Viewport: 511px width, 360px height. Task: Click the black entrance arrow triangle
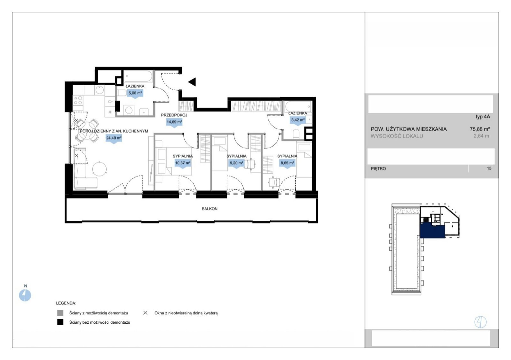192,82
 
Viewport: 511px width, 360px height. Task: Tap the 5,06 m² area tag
135,94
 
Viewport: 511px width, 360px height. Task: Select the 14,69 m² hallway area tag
174,123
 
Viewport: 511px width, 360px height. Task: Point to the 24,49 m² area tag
114,139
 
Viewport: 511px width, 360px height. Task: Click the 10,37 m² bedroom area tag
183,163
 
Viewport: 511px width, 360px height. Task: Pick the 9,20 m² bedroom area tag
236,163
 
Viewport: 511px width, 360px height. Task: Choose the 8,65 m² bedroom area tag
287,163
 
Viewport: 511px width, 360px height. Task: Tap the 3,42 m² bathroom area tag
298,120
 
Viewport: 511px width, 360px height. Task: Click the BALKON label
210,209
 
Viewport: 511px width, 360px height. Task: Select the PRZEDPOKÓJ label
174,115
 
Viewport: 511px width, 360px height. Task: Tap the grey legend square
60,313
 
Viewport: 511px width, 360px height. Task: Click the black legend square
60,322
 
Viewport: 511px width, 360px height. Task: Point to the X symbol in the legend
145,313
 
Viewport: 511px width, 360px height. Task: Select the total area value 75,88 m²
480,129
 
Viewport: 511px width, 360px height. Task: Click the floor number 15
489,169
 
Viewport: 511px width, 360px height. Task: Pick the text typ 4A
483,116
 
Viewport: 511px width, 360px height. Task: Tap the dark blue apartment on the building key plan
432,231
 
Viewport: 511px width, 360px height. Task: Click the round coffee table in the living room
99,169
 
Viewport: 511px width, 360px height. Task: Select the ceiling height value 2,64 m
481,136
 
